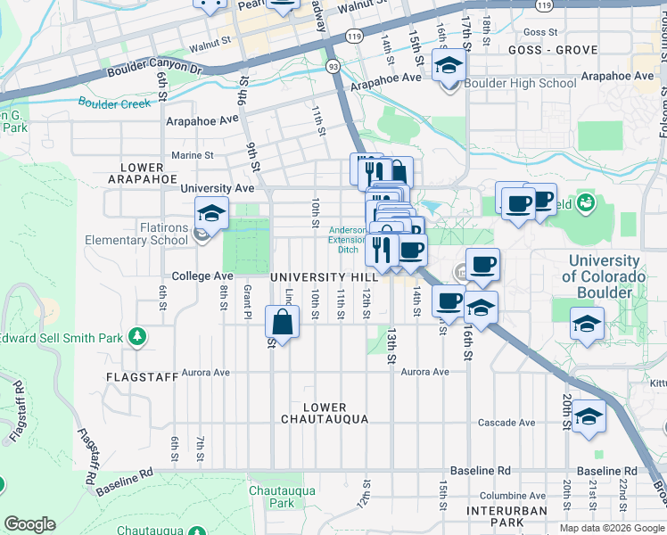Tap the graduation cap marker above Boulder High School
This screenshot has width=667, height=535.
(x=449, y=66)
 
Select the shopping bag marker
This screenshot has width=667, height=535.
(x=282, y=325)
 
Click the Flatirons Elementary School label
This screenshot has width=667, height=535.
(x=136, y=240)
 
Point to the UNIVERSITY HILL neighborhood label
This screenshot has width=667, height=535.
(x=325, y=277)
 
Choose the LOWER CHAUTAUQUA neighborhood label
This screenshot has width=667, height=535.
(x=325, y=413)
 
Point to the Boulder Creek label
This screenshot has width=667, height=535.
(x=114, y=103)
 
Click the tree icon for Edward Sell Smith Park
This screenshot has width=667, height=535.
(x=137, y=336)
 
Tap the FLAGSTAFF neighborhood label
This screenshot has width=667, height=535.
(x=136, y=377)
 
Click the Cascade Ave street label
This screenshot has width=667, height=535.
(x=506, y=423)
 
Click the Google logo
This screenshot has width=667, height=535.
(x=29, y=524)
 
